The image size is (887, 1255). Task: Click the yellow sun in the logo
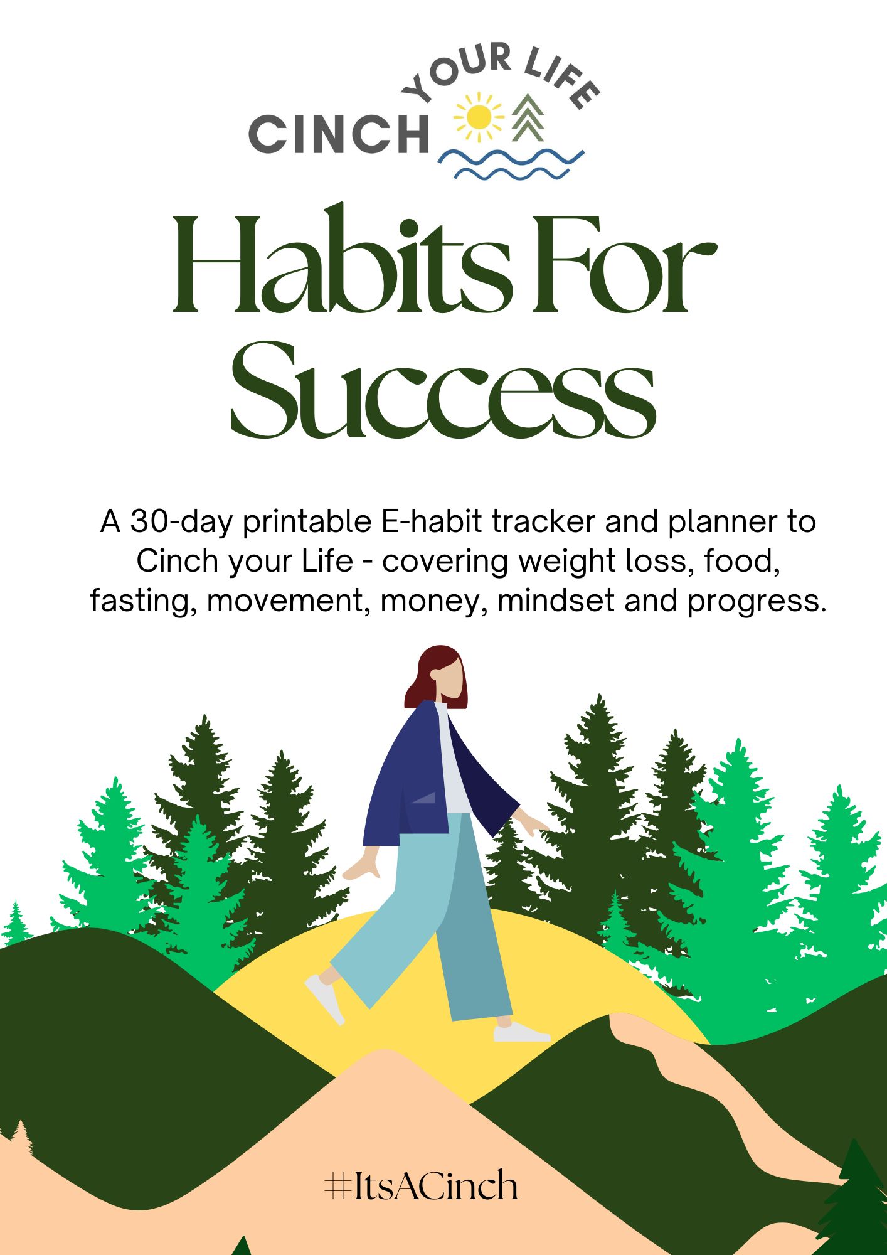point(479,117)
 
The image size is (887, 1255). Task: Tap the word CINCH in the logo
point(339,134)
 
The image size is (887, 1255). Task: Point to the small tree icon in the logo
point(528,118)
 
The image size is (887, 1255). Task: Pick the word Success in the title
point(443,389)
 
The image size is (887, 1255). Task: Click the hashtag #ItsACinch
point(421,1185)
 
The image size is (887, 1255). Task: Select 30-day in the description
point(181,521)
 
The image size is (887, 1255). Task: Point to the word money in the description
point(433,601)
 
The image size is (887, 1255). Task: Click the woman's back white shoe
point(325,998)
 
